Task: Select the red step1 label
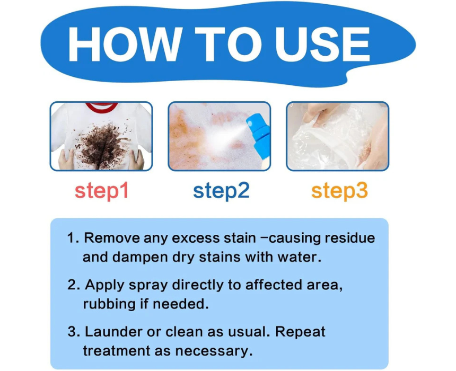pyautogui.click(x=101, y=191)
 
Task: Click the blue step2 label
pyautogui.click(x=221, y=191)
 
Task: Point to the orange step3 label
pyautogui.click(x=339, y=191)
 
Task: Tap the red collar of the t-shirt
pyautogui.click(x=102, y=107)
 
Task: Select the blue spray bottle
pyautogui.click(x=259, y=138)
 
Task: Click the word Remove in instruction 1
pyautogui.click(x=111, y=238)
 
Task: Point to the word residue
pyautogui.click(x=349, y=238)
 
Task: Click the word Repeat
pyautogui.click(x=300, y=332)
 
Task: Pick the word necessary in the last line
pyautogui.click(x=214, y=351)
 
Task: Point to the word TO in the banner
pyautogui.click(x=229, y=44)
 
